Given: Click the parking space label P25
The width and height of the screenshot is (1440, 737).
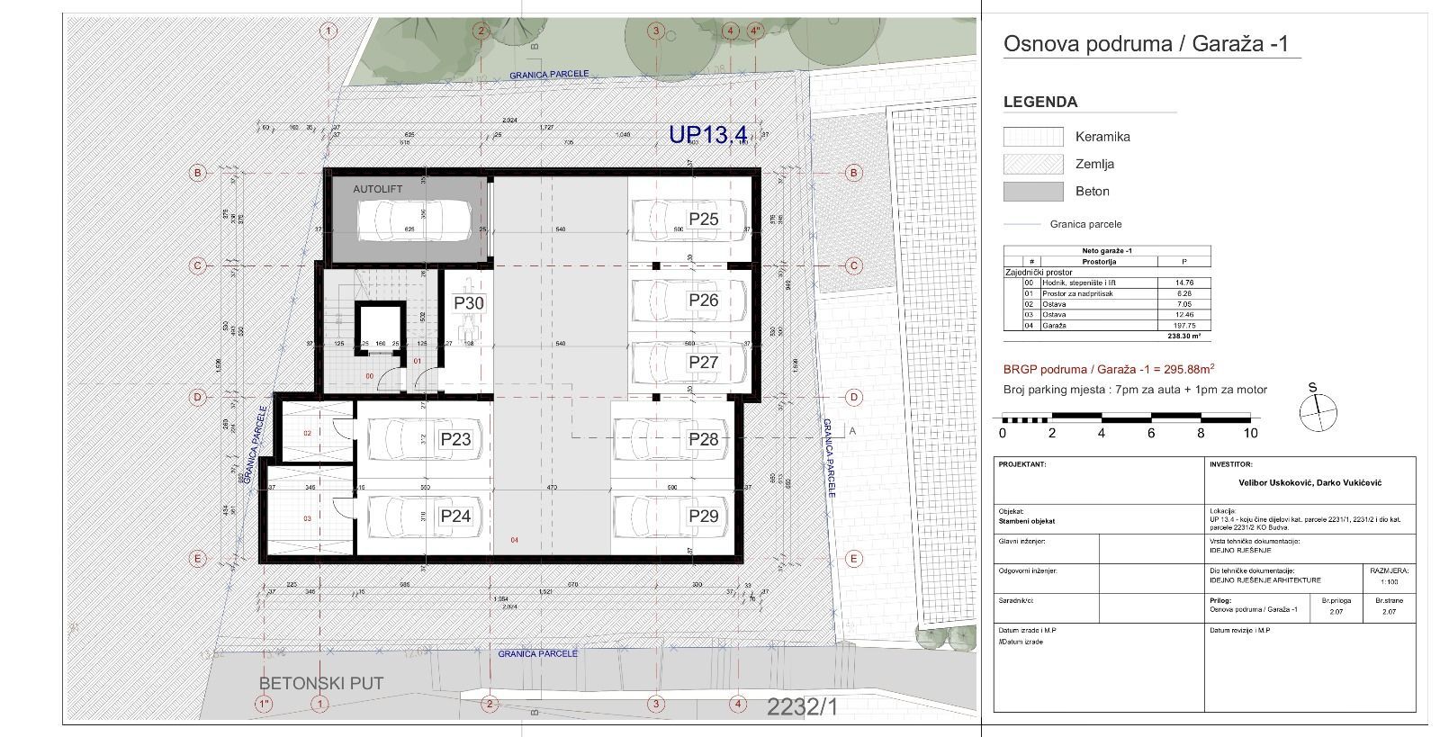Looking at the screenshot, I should pyautogui.click(x=703, y=220).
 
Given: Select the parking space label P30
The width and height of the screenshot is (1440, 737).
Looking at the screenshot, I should pyautogui.click(x=469, y=303).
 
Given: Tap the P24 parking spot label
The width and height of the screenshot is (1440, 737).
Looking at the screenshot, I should pyautogui.click(x=455, y=517).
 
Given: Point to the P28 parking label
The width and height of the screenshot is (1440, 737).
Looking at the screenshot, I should pyautogui.click(x=703, y=439).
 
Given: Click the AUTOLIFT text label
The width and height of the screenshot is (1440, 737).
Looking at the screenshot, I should pyautogui.click(x=377, y=190).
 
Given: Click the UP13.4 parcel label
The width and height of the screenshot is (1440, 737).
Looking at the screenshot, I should pyautogui.click(x=707, y=135).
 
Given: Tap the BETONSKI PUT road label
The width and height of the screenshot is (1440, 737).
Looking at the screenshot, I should pyautogui.click(x=321, y=683).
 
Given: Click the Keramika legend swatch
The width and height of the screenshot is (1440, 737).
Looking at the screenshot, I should pyautogui.click(x=1032, y=137).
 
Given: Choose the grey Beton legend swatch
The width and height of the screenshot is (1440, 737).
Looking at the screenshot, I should pyautogui.click(x=1032, y=191).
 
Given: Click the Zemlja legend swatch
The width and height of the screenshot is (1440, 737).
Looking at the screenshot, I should pyautogui.click(x=1032, y=164).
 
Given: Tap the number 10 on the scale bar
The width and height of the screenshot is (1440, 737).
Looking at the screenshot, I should pyautogui.click(x=1250, y=434).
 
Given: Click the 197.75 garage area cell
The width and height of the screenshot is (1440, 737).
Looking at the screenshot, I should pyautogui.click(x=1183, y=326).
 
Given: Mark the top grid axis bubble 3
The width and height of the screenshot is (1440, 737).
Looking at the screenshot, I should pyautogui.click(x=655, y=31).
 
